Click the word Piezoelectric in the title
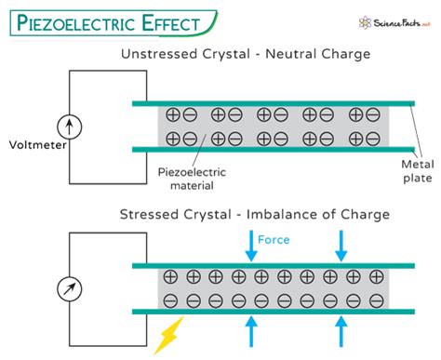click(76, 23)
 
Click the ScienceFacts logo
click(394, 23)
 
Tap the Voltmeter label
click(37, 145)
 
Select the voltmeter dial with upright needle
click(70, 127)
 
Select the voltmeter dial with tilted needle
click(70, 288)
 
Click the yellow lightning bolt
click(169, 335)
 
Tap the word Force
click(274, 240)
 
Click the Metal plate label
click(418, 171)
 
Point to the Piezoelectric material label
click(192, 179)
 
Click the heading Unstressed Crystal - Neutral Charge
click(246, 54)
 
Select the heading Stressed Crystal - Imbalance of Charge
click(255, 214)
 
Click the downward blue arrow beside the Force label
click(251, 246)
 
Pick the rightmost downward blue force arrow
click(341, 246)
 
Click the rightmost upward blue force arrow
click(341, 331)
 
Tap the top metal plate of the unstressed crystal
click(274, 103)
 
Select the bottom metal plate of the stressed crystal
click(274, 312)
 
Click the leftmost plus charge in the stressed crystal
click(170, 276)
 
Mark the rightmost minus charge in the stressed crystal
click(377, 300)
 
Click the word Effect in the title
click(171, 23)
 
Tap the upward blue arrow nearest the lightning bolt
click(251, 331)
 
